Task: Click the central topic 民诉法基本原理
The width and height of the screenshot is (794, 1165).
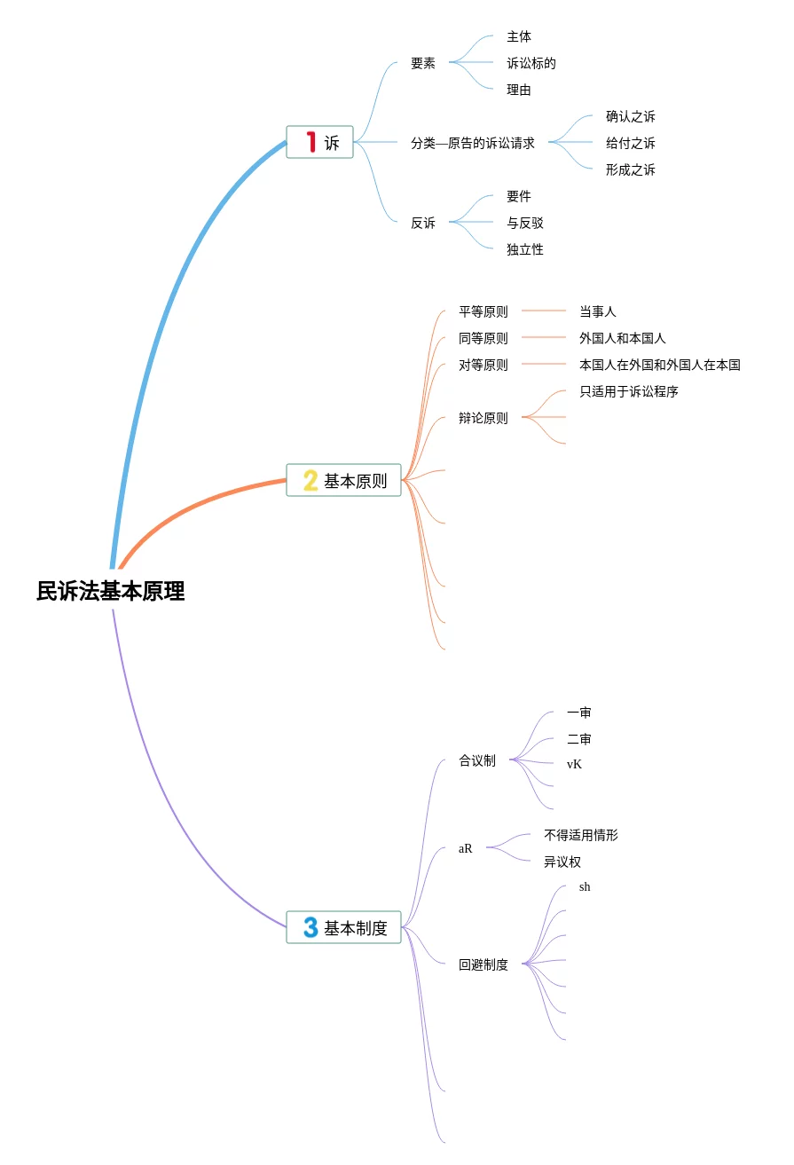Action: [110, 591]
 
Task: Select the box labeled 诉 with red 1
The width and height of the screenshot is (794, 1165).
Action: [320, 142]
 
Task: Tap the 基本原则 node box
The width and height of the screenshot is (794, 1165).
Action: [344, 480]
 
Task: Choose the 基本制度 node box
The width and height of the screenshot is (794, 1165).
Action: [344, 927]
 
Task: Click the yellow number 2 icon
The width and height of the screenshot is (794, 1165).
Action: [311, 480]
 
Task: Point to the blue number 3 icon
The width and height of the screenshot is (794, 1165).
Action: [311, 927]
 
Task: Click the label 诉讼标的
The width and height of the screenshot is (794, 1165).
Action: [531, 63]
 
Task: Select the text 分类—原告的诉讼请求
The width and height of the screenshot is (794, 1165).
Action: [473, 143]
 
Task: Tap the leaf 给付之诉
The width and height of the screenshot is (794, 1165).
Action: [631, 143]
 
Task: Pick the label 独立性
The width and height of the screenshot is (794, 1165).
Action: [525, 249]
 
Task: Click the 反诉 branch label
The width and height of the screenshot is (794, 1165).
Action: [423, 223]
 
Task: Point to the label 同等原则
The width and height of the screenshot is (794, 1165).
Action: [483, 338]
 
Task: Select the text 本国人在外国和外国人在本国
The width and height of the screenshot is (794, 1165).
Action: [660, 365]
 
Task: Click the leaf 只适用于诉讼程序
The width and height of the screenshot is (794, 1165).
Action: [629, 391]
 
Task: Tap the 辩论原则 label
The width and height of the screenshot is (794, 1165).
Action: [483, 418]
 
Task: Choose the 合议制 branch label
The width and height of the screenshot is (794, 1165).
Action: [477, 760]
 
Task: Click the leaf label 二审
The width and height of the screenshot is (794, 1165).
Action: [579, 739]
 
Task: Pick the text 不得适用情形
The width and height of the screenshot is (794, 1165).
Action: [581, 835]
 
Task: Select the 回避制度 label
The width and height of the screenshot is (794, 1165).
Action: [483, 964]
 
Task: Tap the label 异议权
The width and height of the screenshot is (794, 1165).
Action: [562, 862]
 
